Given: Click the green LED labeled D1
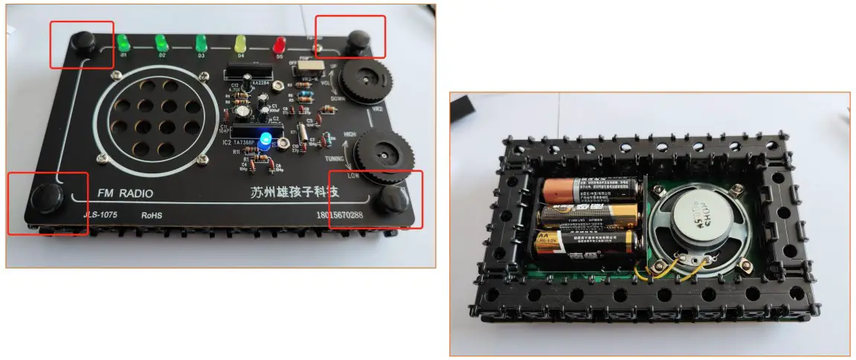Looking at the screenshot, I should coord(123,42).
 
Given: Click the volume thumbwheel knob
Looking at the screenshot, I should coord(365,79).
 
